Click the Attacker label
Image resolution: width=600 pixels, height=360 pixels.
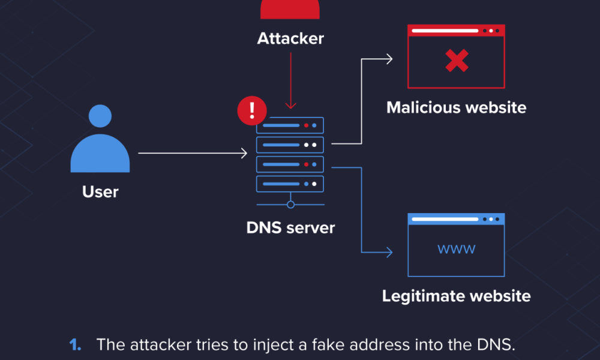click(x=290, y=38)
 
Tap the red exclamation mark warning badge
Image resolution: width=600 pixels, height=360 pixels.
click(x=252, y=110)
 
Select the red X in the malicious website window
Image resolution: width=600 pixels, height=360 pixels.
click(x=456, y=61)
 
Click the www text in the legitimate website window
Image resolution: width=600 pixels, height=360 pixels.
click(x=456, y=248)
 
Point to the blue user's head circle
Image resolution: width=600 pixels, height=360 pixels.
click(x=100, y=116)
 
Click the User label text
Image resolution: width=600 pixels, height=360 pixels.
click(x=100, y=192)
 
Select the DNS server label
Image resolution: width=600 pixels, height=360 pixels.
click(x=290, y=228)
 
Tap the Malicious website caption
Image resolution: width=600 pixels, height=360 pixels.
click(x=456, y=108)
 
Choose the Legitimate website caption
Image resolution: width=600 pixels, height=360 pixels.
click(x=456, y=296)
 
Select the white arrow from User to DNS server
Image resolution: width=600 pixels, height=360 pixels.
click(x=192, y=154)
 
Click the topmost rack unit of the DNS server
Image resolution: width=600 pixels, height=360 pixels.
click(x=290, y=125)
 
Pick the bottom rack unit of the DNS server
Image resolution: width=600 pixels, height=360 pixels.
click(x=290, y=183)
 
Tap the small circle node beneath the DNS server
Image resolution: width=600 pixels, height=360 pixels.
click(x=290, y=205)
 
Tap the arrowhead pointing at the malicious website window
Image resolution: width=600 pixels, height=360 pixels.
click(x=389, y=59)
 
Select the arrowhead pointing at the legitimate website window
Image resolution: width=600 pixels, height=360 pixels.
click(x=389, y=252)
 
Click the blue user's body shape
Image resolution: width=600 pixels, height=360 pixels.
click(x=100, y=154)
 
